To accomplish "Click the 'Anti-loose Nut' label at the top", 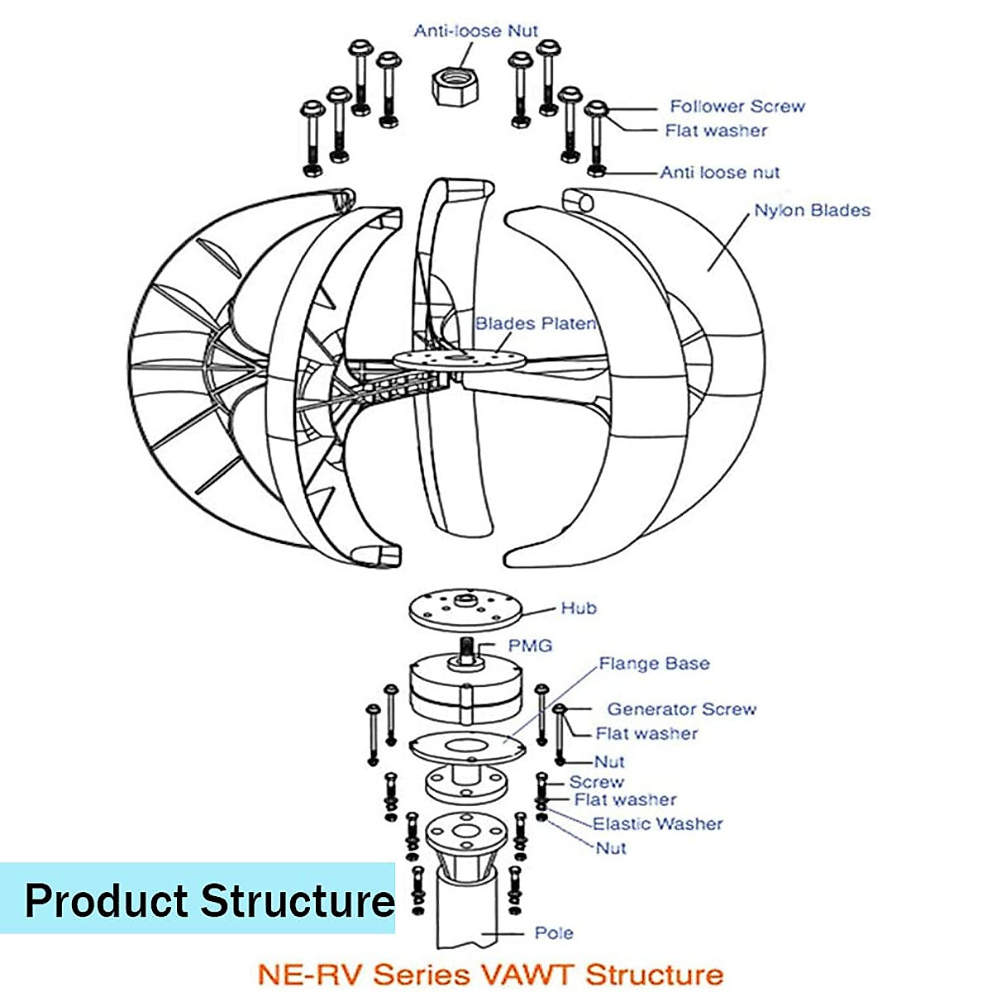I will [475, 31].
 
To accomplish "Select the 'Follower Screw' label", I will [737, 107].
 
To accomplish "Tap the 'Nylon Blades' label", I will [812, 211].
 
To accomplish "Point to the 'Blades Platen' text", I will [535, 324].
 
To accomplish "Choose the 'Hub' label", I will [579, 608].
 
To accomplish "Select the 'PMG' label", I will [530, 646].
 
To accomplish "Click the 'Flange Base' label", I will [654, 664].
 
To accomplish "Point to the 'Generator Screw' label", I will [681, 709].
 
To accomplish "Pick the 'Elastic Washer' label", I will [657, 824].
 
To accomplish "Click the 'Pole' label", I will [554, 933].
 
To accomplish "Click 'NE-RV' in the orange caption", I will [306, 973].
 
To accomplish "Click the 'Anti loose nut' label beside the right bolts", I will [719, 173].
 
